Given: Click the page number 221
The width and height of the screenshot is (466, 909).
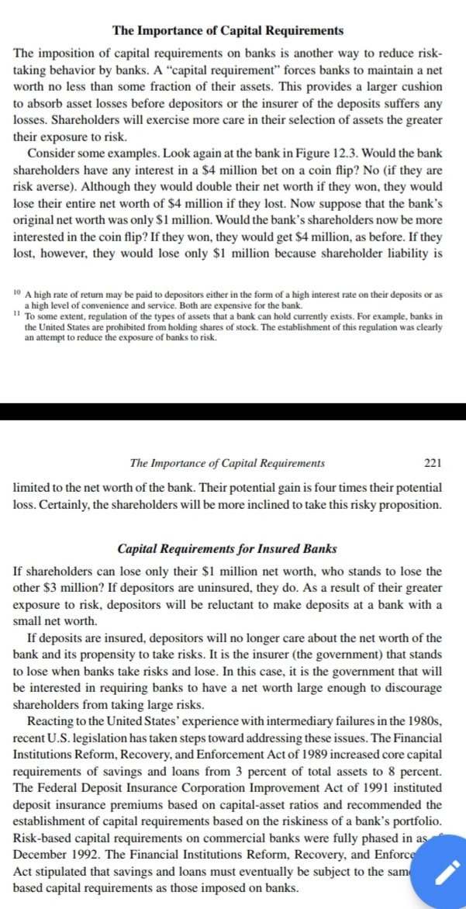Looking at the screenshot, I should coord(433,464).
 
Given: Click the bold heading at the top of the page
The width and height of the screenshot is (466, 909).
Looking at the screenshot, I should coord(228,31).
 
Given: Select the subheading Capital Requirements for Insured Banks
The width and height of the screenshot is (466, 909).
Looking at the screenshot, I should coord(227,549).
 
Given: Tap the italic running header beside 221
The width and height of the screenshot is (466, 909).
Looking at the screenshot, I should coord(227,464).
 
